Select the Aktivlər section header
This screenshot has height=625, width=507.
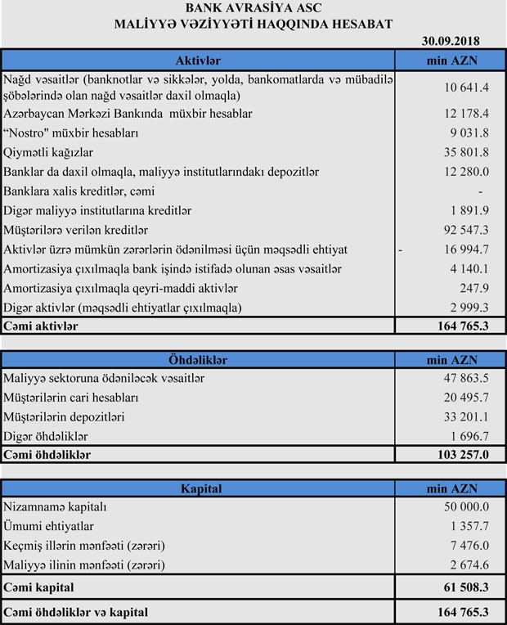(198, 61)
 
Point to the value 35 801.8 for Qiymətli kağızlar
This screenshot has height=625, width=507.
(465, 152)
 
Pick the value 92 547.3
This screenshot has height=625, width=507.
(465, 231)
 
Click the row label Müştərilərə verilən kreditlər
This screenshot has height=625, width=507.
(79, 231)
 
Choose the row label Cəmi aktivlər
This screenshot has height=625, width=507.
(41, 326)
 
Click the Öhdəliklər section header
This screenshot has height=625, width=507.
(198, 359)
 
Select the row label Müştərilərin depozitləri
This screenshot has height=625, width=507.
(64, 416)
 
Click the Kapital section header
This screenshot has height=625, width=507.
(198, 488)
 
